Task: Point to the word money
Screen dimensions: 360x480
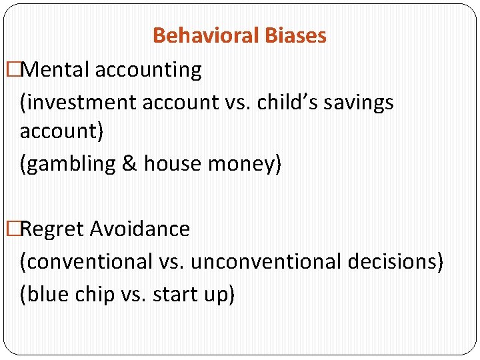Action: coord(241,163)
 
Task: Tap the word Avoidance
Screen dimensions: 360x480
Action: coord(140,229)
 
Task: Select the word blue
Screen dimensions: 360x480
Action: coord(47,295)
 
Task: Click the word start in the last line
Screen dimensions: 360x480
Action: coord(176,295)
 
